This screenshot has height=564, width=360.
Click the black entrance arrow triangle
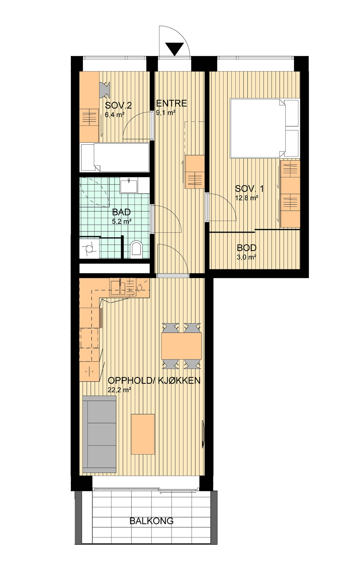pyautogui.click(x=174, y=49)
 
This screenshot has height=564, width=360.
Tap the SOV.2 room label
pyautogui.click(x=118, y=105)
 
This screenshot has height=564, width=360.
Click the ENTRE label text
pyautogui.click(x=172, y=103)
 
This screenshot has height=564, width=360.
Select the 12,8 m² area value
pyautogui.click(x=246, y=197)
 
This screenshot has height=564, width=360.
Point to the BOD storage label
pyautogui.click(x=246, y=248)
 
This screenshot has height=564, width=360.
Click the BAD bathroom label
pyautogui.click(x=121, y=212)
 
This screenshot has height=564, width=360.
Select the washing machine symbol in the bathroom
pyautogui.click(x=89, y=248)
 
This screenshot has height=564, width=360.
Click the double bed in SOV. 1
pyautogui.click(x=264, y=128)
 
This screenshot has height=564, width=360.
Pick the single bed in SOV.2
pyautogui.click(x=115, y=157)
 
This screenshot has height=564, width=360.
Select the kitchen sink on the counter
pyautogui.click(x=118, y=287)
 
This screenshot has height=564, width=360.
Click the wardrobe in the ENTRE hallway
pyautogui.click(x=194, y=172)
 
